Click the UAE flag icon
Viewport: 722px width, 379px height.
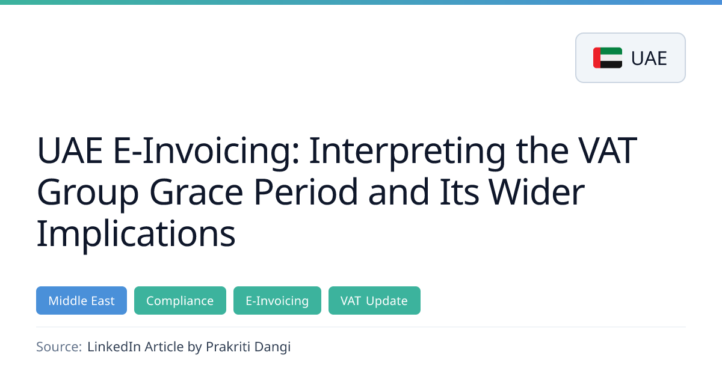click(x=608, y=58)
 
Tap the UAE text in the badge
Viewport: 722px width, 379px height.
click(x=649, y=58)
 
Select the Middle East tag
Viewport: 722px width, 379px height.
click(x=82, y=300)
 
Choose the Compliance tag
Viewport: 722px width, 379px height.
click(x=180, y=300)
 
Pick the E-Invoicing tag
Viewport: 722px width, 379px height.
click(x=277, y=300)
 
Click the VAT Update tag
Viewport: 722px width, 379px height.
click(x=374, y=300)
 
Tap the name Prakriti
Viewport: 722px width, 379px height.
click(x=228, y=347)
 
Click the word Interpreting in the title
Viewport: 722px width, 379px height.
click(x=407, y=152)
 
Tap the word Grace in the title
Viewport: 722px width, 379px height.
click(x=196, y=193)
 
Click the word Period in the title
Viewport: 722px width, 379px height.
click(x=306, y=192)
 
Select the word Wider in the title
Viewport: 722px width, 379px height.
click(x=536, y=192)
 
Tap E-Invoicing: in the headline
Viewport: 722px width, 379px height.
click(x=206, y=152)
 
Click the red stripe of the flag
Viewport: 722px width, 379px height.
click(x=597, y=58)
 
